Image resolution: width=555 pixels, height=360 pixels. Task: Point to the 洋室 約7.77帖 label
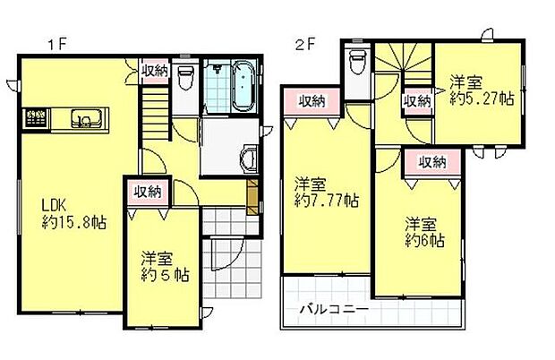click(328, 192)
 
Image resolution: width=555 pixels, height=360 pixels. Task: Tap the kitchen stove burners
click(36, 117)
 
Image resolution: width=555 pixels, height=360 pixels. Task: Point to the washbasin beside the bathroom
click(246, 159)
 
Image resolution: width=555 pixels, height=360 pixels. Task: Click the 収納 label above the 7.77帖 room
click(311, 100)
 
